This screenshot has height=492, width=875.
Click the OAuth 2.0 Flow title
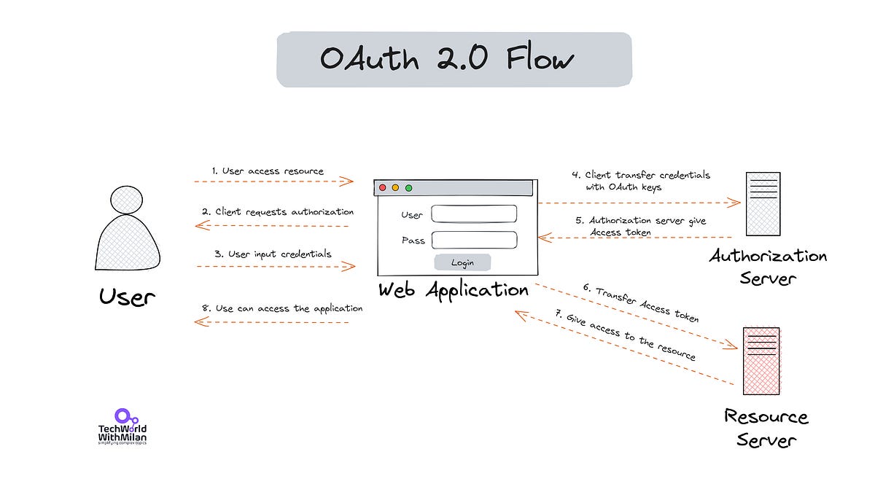[447, 59]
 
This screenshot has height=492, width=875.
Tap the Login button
[462, 262]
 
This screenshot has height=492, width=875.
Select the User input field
[474, 214]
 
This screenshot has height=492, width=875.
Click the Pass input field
[474, 240]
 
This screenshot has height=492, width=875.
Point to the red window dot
[382, 188]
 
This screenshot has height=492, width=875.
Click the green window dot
[409, 188]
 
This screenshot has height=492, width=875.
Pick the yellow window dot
[395, 188]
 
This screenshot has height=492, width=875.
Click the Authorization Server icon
[763, 203]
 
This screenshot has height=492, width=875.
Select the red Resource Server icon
[761, 361]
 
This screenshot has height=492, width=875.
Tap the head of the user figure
[127, 200]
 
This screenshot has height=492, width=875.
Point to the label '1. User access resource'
[268, 171]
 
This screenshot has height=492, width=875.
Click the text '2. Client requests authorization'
[278, 212]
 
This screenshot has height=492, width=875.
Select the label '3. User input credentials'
[273, 254]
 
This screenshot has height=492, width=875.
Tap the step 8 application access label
[281, 308]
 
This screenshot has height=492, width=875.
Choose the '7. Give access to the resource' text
[626, 335]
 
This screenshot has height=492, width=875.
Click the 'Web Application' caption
[453, 289]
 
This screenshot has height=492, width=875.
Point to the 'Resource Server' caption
[766, 428]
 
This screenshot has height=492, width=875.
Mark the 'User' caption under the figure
[127, 297]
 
